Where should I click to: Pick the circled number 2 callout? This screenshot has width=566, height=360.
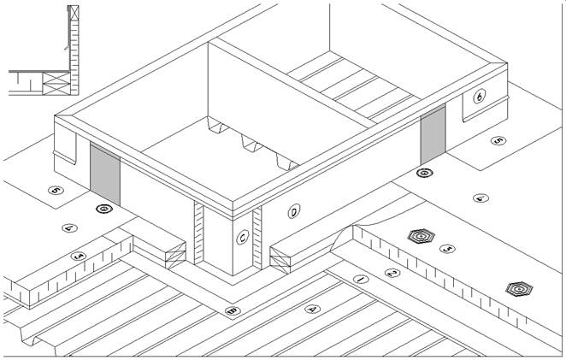(392, 273)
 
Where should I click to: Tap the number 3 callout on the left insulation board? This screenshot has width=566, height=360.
(79, 256)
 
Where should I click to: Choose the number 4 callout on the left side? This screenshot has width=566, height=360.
(69, 227)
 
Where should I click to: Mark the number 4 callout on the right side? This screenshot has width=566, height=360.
(481, 198)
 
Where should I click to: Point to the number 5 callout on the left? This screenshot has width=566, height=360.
(56, 191)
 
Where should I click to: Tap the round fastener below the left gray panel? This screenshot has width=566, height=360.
(104, 208)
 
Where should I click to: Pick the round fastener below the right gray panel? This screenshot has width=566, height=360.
(423, 174)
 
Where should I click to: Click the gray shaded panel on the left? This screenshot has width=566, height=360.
(105, 174)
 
